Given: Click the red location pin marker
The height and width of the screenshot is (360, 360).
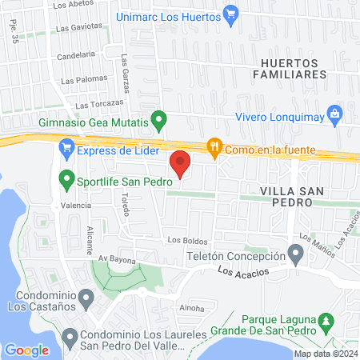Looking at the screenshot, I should pyautogui.click(x=181, y=163).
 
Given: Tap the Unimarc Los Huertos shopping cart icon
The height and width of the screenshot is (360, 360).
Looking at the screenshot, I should pyautogui.click(x=231, y=13).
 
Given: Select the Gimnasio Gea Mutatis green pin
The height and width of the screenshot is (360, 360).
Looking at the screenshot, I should pyautogui.click(x=158, y=122).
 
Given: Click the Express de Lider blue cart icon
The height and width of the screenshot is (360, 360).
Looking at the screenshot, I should pyautogui.click(x=66, y=148).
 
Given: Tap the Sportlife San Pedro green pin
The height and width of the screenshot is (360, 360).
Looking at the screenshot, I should pyautogui.click(x=66, y=179).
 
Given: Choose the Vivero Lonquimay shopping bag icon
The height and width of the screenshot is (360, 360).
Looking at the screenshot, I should pyautogui.click(x=336, y=114).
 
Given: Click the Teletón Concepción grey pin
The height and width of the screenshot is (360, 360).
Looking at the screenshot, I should pyautogui.click(x=296, y=257).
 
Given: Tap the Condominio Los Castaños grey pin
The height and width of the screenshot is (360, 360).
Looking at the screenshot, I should pyautogui.click(x=88, y=297).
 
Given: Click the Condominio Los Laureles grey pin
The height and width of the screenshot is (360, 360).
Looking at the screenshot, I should pyautogui.click(x=70, y=335).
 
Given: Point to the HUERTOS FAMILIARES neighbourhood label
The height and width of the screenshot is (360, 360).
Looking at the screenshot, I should pyautogui.click(x=293, y=66).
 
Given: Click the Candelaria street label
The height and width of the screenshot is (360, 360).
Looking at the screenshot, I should pyautogui.click(x=77, y=54).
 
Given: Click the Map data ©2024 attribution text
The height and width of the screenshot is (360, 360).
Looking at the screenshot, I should pyautogui.click(x=325, y=354).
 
